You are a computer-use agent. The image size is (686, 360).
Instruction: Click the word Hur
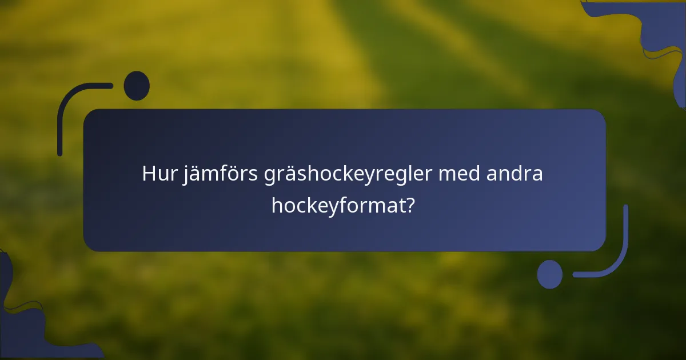pyautogui.click(x=160, y=174)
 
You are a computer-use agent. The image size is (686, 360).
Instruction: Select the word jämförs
pyautogui.click(x=221, y=174)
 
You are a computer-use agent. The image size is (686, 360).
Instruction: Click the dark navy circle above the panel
pyautogui.click(x=137, y=86)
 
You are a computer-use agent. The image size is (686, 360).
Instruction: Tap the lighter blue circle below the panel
pyautogui.click(x=550, y=274)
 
